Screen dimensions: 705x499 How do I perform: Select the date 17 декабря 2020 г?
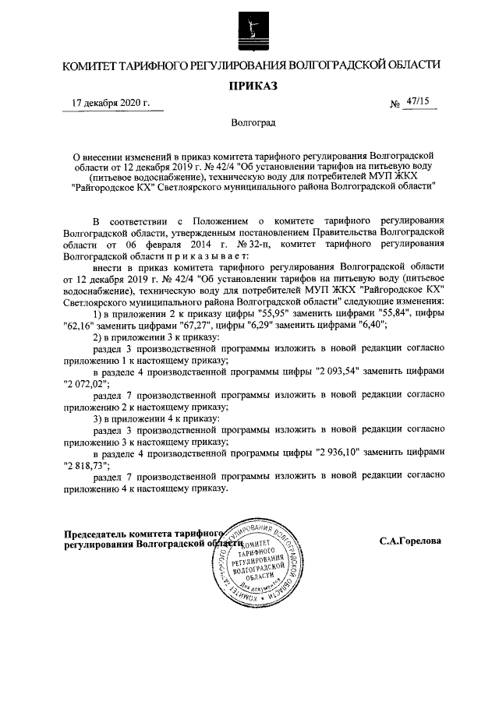click(111, 103)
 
